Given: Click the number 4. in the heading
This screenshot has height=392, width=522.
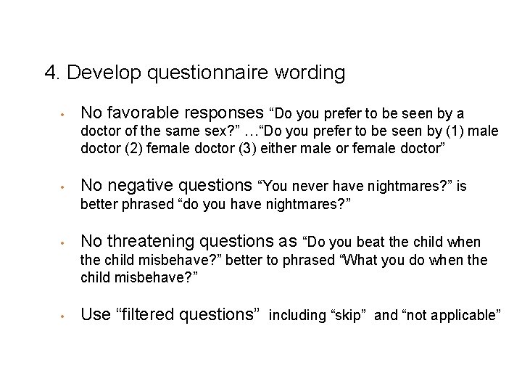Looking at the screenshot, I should (x=52, y=73).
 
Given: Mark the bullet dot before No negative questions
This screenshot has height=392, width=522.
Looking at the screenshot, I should (x=65, y=187).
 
